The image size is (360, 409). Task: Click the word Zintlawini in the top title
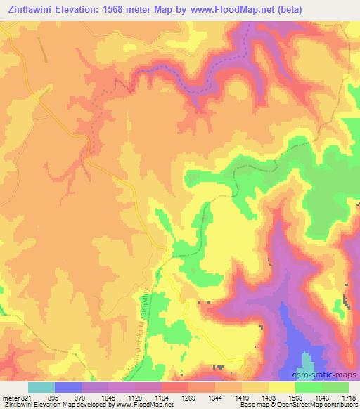32,10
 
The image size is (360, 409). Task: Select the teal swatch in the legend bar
41,387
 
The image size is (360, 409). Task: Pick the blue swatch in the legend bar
68,387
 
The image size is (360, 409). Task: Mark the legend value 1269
188,397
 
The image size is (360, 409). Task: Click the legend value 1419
242,397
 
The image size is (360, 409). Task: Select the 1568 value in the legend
295,397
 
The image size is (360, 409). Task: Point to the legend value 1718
348,397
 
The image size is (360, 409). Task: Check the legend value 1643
322,397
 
